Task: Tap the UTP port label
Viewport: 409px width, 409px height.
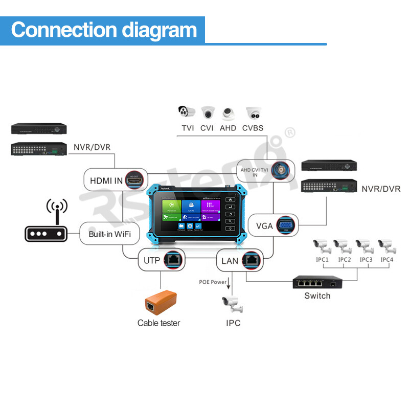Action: pos(152,261)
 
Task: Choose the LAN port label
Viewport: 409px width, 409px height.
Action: pos(230,261)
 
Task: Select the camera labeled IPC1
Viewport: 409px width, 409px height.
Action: pos(323,246)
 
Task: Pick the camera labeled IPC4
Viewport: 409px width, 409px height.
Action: pos(387,246)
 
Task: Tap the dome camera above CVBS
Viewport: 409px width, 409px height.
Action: pos(253,113)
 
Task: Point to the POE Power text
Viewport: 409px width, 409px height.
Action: pos(213,282)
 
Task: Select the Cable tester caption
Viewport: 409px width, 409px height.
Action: pos(158,323)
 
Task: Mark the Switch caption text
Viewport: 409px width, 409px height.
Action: pos(317,296)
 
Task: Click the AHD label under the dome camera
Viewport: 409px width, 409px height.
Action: pos(228,128)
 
